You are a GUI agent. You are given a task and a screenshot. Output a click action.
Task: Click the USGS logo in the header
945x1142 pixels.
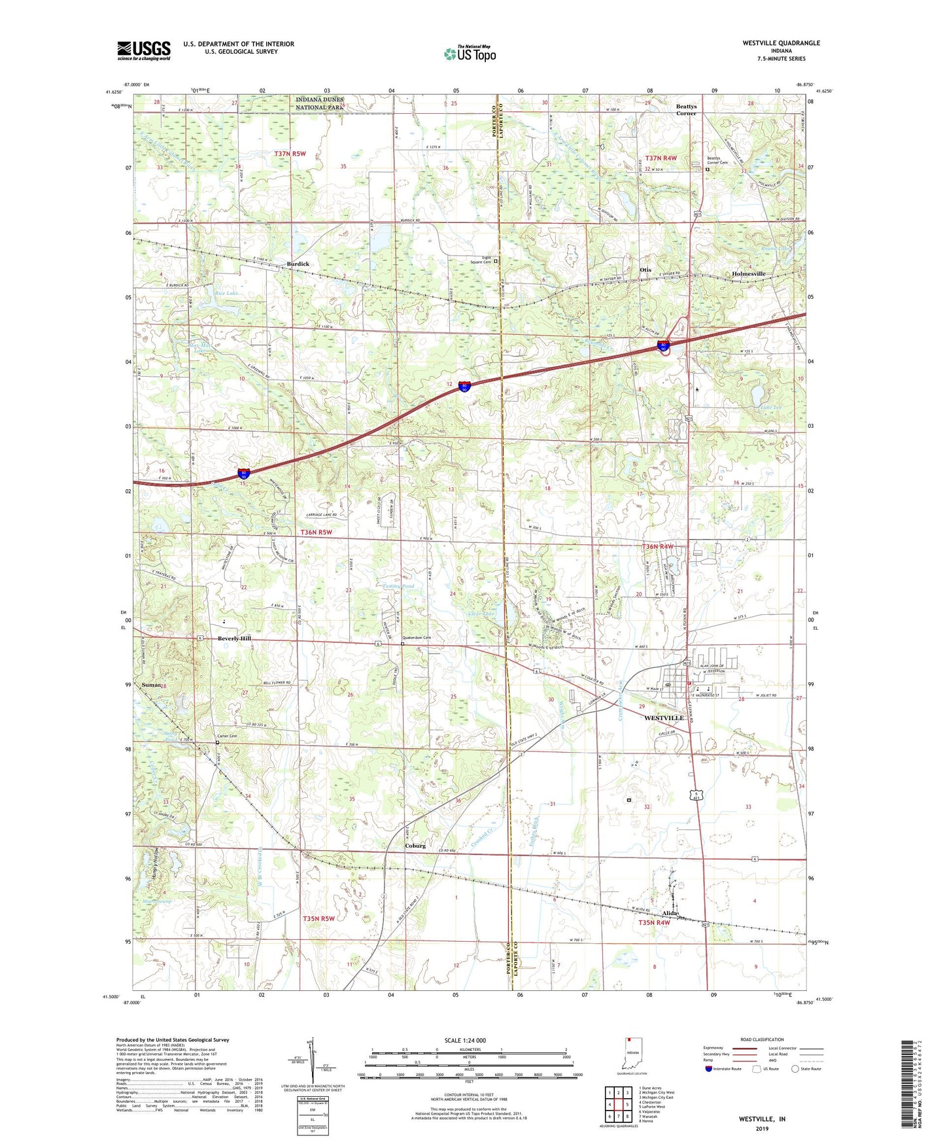pyautogui.click(x=144, y=50)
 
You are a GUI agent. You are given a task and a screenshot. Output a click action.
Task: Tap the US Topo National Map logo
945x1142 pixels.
pyautogui.click(x=470, y=54)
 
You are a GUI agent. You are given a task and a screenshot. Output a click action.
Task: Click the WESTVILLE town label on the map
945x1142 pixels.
pyautogui.click(x=664, y=718)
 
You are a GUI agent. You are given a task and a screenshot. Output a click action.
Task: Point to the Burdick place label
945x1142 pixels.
pyautogui.click(x=298, y=264)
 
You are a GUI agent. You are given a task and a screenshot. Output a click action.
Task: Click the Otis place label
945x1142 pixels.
pyautogui.click(x=645, y=269)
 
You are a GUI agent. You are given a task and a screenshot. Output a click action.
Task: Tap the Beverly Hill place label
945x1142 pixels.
pyautogui.click(x=234, y=638)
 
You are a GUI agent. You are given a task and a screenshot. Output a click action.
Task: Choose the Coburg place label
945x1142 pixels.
pyautogui.click(x=415, y=846)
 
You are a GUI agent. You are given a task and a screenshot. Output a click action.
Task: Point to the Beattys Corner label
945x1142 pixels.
pyautogui.click(x=686, y=109)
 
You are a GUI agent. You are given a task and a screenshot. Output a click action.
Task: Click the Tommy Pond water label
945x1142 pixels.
pyautogui.click(x=398, y=587)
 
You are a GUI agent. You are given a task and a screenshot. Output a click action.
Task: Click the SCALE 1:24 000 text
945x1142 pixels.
pyautogui.click(x=465, y=1041)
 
